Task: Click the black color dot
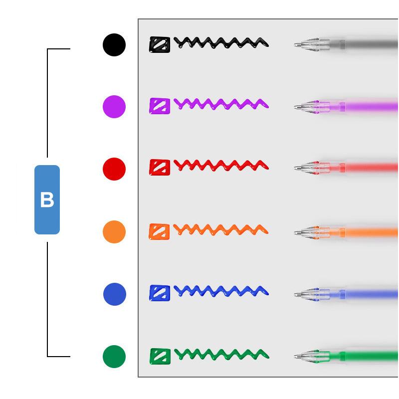(x=114, y=45)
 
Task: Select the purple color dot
(x=114, y=107)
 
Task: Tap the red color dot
(x=114, y=169)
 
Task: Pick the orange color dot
(x=114, y=232)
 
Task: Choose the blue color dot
(x=115, y=294)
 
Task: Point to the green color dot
(x=114, y=357)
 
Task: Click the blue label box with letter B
(x=47, y=200)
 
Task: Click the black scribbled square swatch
(x=160, y=45)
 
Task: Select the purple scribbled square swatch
(x=160, y=106)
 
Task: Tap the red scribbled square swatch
(x=160, y=167)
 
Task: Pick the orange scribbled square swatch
(x=159, y=231)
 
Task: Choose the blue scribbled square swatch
(x=160, y=293)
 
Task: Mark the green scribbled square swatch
(x=160, y=356)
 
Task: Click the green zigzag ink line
(x=221, y=354)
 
